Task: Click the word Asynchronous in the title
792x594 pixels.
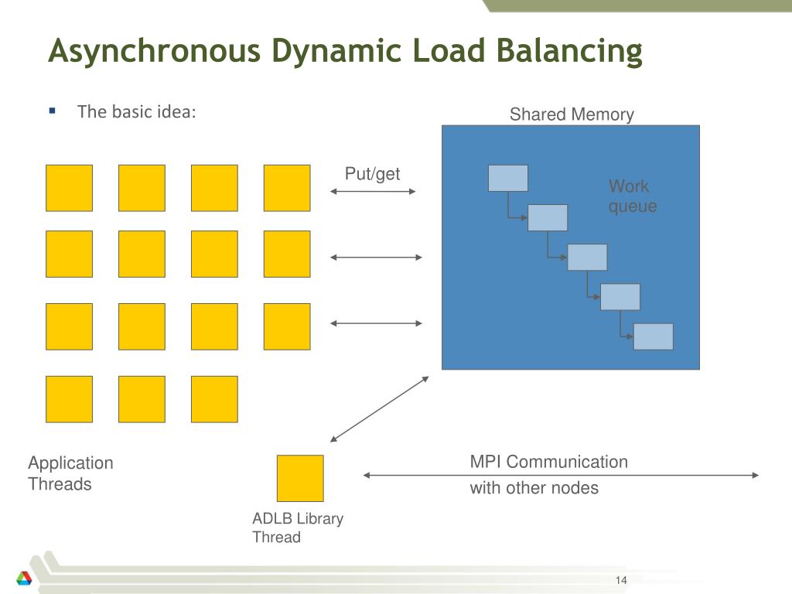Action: [155, 52]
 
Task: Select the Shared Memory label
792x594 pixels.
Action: [572, 114]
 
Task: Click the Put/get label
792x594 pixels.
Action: [372, 174]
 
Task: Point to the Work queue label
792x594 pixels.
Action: [633, 196]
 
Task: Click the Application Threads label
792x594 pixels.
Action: [70, 473]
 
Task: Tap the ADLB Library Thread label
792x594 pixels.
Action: [298, 527]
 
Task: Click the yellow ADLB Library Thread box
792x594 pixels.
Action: [300, 478]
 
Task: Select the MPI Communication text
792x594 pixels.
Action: [549, 462]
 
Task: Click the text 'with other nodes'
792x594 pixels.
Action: [534, 488]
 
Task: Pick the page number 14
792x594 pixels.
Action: [621, 580]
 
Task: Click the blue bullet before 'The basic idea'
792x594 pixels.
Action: [52, 111]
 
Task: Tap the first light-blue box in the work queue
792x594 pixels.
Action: [508, 179]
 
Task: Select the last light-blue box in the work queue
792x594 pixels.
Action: [653, 337]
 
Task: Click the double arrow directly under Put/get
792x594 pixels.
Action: [373, 192]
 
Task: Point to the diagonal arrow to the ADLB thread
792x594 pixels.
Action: [379, 409]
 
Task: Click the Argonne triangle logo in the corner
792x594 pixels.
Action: [24, 578]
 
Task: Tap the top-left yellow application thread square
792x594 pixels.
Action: [69, 188]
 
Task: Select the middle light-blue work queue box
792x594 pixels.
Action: [588, 257]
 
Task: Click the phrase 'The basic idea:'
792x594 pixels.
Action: [136, 111]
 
